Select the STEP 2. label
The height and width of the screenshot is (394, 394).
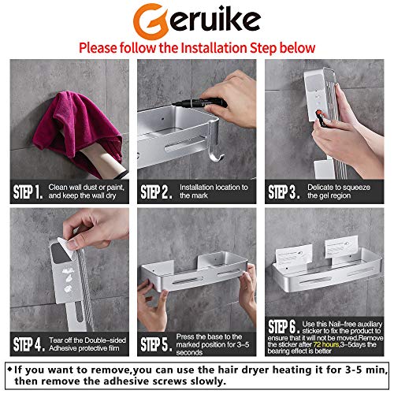click(156, 191)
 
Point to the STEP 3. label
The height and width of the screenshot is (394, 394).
click(283, 191)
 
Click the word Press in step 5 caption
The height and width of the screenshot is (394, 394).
click(186, 335)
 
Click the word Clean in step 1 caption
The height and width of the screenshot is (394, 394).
click(58, 187)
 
